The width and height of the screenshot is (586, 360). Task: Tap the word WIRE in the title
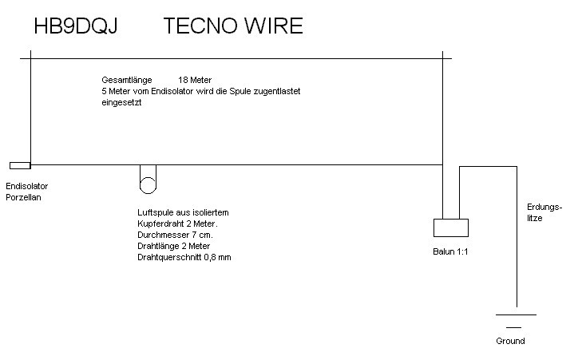pyautogui.click(x=274, y=26)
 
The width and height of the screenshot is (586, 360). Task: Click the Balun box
pyautogui.click(x=449, y=227)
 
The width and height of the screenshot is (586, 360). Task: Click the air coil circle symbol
pyautogui.click(x=148, y=185)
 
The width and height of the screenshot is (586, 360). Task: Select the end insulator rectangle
pyautogui.click(x=20, y=165)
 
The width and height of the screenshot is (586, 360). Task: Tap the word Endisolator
pyautogui.click(x=26, y=186)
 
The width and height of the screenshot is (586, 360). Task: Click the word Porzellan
pyautogui.click(x=23, y=196)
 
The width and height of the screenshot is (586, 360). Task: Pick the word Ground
pyautogui.click(x=510, y=341)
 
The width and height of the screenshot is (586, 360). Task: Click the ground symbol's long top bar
pyautogui.click(x=515, y=315)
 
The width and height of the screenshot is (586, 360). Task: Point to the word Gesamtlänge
pyautogui.click(x=126, y=81)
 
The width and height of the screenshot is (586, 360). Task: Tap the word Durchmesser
pyautogui.click(x=164, y=235)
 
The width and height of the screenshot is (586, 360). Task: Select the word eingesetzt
pyautogui.click(x=121, y=102)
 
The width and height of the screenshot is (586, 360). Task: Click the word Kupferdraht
pyautogui.click(x=162, y=224)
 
